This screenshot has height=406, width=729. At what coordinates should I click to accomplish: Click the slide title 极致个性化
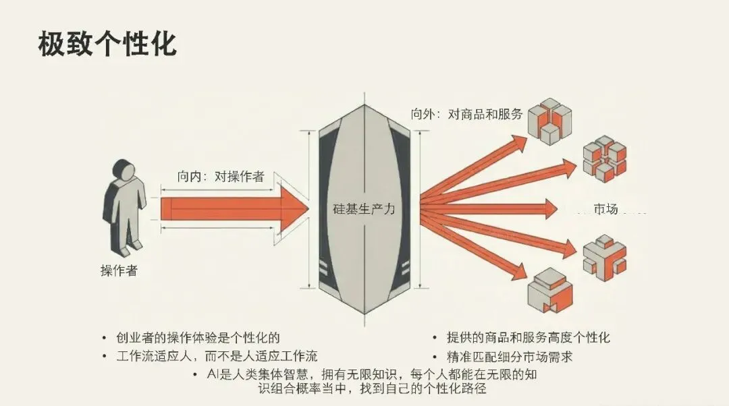click(107, 44)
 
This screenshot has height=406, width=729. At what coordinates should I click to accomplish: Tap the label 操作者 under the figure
click(119, 271)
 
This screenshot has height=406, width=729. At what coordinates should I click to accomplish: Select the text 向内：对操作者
click(221, 177)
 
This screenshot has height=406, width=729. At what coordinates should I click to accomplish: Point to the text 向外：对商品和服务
click(467, 114)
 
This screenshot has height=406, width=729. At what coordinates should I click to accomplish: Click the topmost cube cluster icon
click(548, 119)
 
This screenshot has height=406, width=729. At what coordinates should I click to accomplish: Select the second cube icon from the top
click(604, 158)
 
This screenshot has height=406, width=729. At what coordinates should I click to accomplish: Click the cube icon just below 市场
click(604, 257)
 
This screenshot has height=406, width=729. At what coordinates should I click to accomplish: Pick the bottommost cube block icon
click(549, 288)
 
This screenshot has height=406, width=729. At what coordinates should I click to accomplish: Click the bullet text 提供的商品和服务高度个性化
click(528, 337)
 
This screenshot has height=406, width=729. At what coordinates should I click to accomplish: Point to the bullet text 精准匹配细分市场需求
click(510, 355)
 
